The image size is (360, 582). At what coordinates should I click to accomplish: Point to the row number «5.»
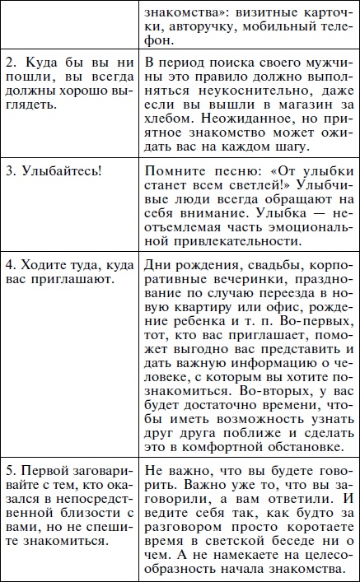11,472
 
